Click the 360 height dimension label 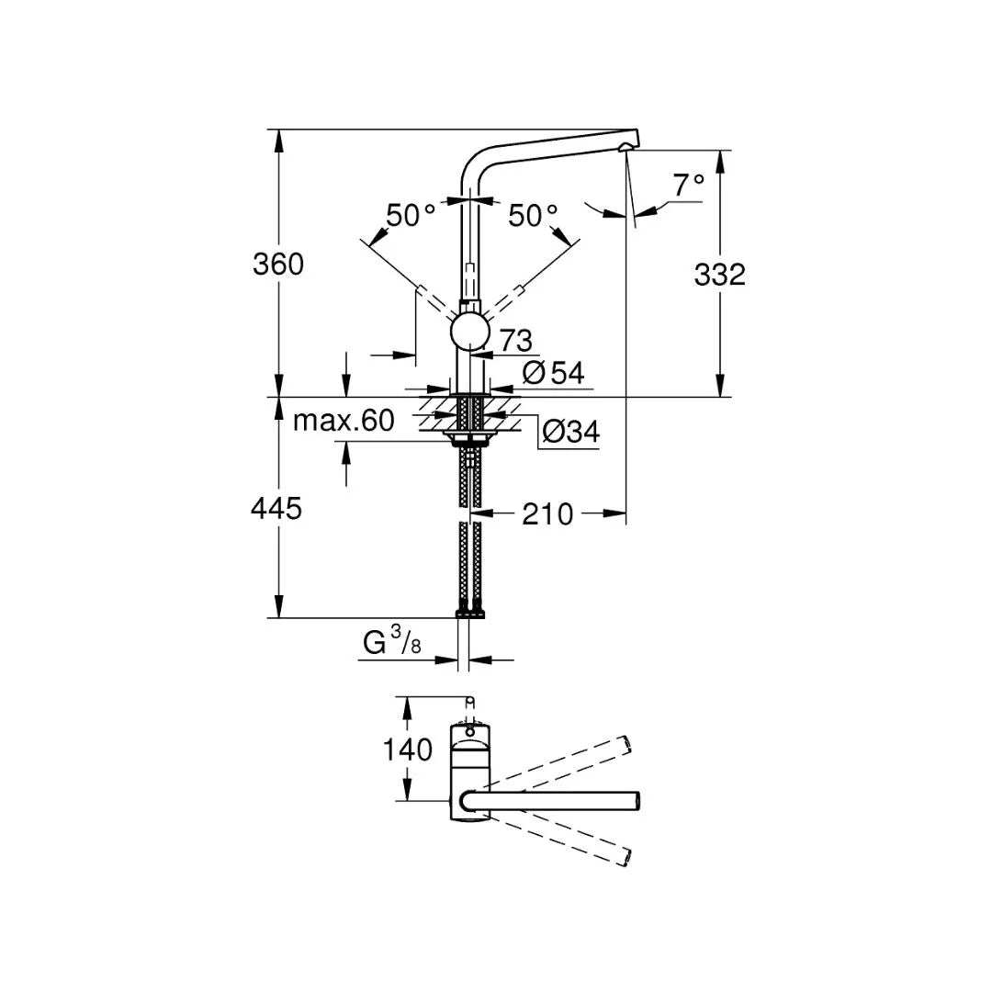pos(277,265)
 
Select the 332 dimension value pos(719,274)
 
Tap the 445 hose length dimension pos(276,507)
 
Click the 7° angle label pos(688,186)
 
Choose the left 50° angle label pos(410,216)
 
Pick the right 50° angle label pos(533,216)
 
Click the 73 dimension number pos(516,341)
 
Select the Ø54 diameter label pos(553,372)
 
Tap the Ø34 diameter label pos(570,432)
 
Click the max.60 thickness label pos(344,421)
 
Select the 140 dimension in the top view pos(407,750)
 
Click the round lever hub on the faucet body pos(469,331)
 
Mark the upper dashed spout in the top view pos(560,761)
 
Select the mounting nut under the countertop pos(470,433)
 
